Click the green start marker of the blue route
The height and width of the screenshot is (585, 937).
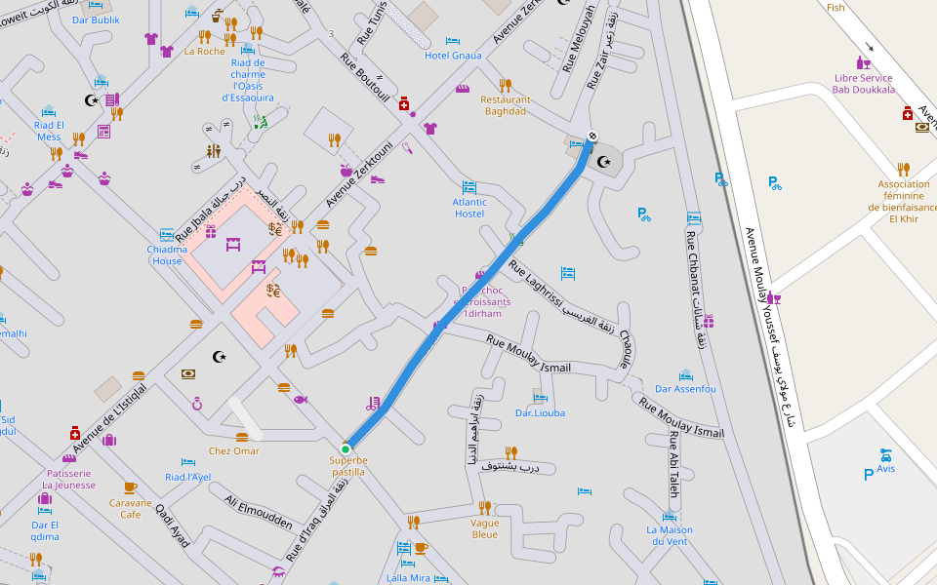pyautogui.click(x=346, y=449)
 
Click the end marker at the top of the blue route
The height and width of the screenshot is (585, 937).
pyautogui.click(x=591, y=136)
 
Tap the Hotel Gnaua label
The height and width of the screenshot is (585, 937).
pyautogui.click(x=453, y=56)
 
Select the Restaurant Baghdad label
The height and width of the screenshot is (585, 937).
pyautogui.click(x=506, y=105)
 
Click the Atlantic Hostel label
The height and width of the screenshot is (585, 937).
pyautogui.click(x=469, y=208)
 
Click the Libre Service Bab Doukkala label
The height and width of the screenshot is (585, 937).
pyautogui.click(x=863, y=84)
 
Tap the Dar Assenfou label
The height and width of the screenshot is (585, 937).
pyautogui.click(x=685, y=389)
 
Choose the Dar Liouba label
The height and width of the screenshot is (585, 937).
pyautogui.click(x=540, y=412)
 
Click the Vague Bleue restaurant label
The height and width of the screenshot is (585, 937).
pyautogui.click(x=484, y=528)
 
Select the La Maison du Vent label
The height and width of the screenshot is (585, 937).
pyautogui.click(x=670, y=535)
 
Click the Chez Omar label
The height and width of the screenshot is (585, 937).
pyautogui.click(x=234, y=450)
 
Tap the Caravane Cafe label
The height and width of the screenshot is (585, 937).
pyautogui.click(x=130, y=508)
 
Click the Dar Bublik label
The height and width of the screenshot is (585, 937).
pyautogui.click(x=96, y=19)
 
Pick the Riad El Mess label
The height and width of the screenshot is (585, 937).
pyautogui.click(x=49, y=131)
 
